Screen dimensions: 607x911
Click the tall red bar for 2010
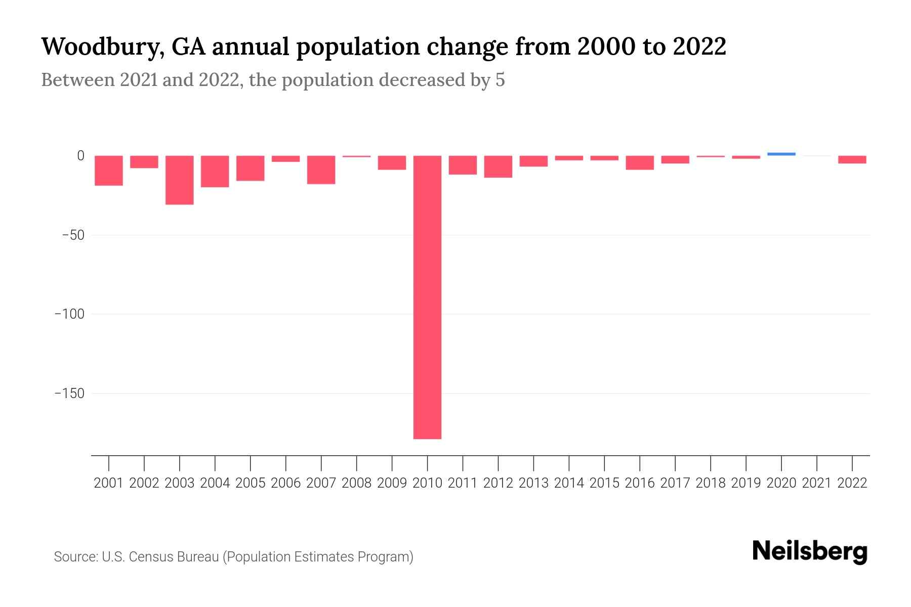[x=427, y=297]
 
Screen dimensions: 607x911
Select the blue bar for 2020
[x=781, y=154]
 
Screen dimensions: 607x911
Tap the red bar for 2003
[x=179, y=180]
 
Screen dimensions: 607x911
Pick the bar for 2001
[x=109, y=170]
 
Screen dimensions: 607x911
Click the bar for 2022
[x=852, y=160]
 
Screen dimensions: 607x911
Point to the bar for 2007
[x=321, y=170]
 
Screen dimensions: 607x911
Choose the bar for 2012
[x=498, y=167]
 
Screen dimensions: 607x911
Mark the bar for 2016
[x=640, y=163]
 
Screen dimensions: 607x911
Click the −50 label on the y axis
[x=73, y=235]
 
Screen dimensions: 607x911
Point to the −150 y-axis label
[x=69, y=394]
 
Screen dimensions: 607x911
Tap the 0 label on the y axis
[x=80, y=156]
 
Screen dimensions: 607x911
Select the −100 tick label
[x=69, y=314]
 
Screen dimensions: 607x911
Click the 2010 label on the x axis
[x=427, y=483]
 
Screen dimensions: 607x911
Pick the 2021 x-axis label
[x=816, y=483]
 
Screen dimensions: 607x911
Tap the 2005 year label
[x=250, y=483]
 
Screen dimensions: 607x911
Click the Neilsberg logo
[x=809, y=551]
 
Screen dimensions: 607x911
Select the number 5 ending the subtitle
[x=500, y=80]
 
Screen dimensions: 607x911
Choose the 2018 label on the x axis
[x=710, y=483]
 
